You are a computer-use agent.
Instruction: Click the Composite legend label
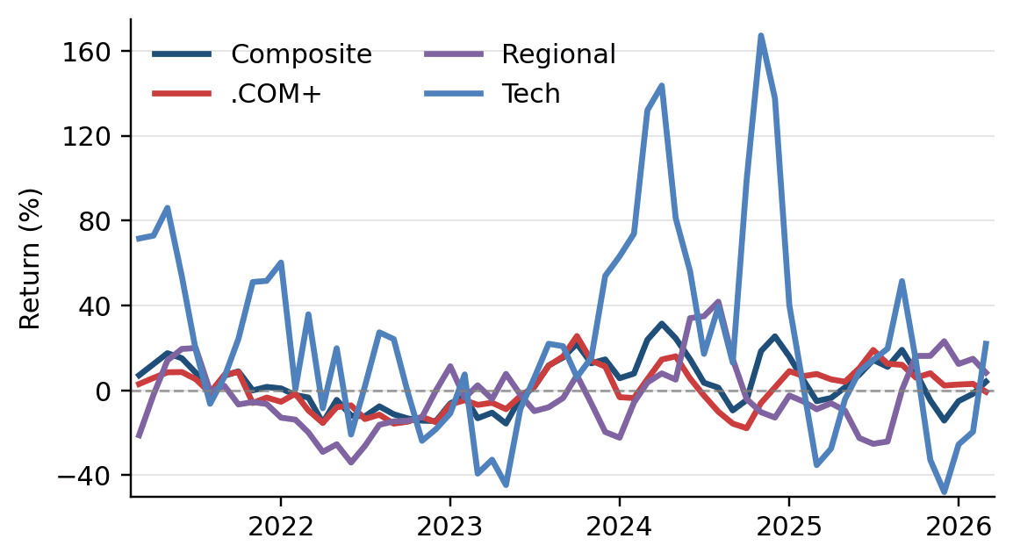coord(301,54)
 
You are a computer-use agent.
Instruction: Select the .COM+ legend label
coord(276,94)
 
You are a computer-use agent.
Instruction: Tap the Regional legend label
coord(558,54)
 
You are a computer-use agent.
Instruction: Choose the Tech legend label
coord(530,94)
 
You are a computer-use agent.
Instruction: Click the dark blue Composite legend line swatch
coord(182,54)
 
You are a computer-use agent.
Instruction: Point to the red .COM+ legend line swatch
coord(182,94)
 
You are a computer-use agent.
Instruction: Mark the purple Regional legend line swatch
coord(453,54)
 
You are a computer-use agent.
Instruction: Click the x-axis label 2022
coord(281,527)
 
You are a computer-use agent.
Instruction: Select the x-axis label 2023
coord(450,527)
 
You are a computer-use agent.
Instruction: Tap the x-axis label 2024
coord(619,527)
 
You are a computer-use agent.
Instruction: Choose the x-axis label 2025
coord(788,527)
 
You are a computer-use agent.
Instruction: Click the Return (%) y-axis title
coord(30,258)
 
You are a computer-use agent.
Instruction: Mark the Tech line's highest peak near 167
coord(760,36)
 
